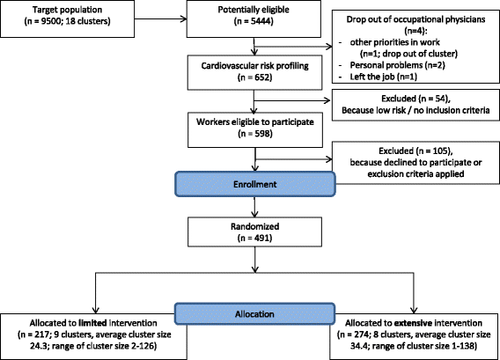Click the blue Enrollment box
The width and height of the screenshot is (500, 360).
click(254, 184)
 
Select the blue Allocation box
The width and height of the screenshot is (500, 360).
click(254, 313)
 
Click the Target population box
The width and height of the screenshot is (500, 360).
click(67, 18)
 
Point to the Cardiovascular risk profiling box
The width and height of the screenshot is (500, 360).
click(254, 72)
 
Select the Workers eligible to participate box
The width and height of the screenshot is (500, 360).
click(255, 129)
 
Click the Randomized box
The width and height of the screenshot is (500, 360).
click(254, 231)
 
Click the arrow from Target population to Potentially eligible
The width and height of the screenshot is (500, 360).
click(160, 18)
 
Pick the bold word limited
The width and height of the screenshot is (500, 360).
click(92, 323)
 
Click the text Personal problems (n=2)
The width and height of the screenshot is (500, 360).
click(397, 65)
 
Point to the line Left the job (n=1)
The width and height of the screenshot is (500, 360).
click(383, 77)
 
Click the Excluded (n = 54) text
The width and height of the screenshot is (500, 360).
click(415, 99)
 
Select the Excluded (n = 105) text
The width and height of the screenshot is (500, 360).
click(415, 151)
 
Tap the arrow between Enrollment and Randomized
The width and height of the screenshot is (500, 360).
click(254, 207)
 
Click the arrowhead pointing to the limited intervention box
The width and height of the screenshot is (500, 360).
click(95, 310)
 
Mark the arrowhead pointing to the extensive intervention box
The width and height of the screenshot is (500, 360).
click(414, 310)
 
